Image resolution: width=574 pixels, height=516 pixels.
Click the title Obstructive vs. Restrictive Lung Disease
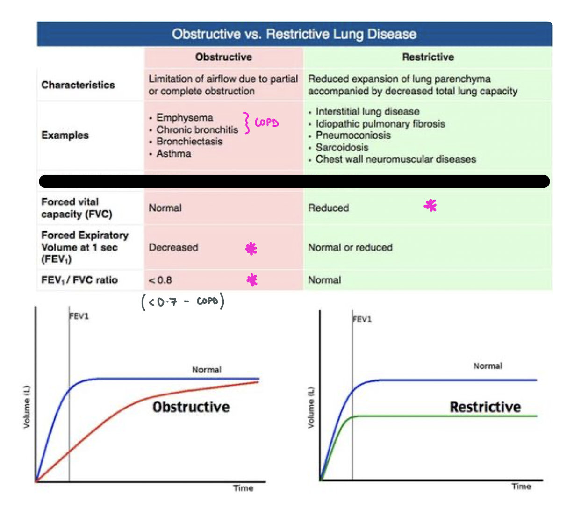coord(294,34)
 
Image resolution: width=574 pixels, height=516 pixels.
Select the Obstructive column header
coord(223,57)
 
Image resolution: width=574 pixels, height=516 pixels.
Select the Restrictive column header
coord(428,57)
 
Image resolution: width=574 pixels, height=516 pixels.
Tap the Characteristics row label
coord(78,85)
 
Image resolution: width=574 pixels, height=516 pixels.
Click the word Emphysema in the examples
coord(185,118)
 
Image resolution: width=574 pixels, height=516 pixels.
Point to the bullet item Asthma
coord(173,154)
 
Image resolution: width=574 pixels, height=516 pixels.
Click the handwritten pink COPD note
coord(266,123)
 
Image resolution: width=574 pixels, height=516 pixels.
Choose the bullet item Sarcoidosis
coord(342,148)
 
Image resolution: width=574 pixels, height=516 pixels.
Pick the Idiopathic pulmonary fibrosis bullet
coord(380,124)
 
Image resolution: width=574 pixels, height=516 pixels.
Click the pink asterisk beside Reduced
coord(430,205)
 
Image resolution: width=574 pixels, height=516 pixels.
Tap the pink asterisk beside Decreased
coord(251,249)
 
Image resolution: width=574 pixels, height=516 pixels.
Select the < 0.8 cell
coord(160,280)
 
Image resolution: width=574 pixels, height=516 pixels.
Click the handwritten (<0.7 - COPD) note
coord(183,301)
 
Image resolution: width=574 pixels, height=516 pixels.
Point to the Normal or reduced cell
coord(350,248)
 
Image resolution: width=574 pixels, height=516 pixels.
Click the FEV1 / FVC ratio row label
coord(79,280)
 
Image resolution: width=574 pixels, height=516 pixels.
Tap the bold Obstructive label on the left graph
coord(191,407)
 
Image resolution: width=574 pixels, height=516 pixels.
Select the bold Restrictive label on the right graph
coord(485,407)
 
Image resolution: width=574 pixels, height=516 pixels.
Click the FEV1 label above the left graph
coord(79,316)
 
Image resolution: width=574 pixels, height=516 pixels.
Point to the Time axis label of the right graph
coord(521,487)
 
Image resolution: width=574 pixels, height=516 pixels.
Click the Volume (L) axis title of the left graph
coord(27,407)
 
